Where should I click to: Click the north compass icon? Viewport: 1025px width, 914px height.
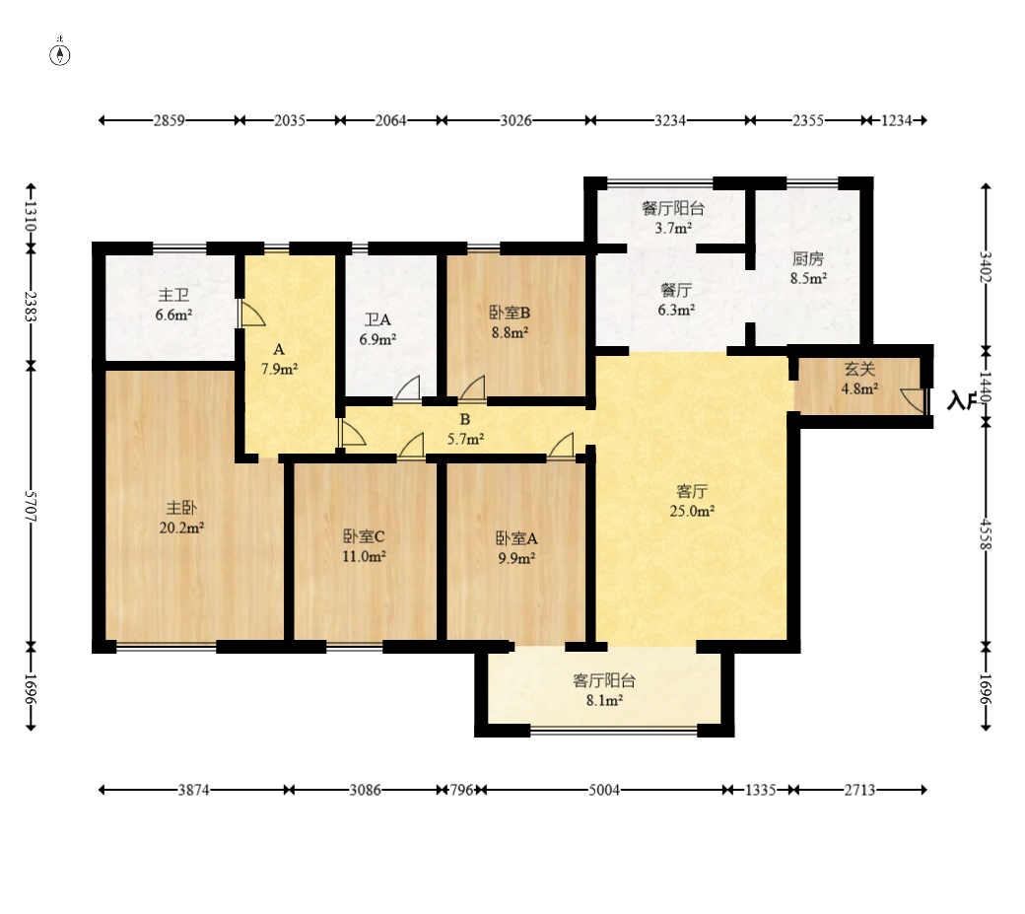point(60,55)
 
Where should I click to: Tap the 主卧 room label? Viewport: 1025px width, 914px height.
point(181,508)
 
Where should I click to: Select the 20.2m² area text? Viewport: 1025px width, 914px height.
point(181,527)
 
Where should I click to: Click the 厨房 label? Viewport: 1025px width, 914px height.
point(808,259)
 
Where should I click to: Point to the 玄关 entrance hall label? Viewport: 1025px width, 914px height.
point(859,370)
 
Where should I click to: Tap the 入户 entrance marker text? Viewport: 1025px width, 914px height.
point(962,400)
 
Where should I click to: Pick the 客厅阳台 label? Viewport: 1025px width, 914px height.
point(604,681)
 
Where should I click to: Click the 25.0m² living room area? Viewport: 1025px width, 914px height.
point(692,512)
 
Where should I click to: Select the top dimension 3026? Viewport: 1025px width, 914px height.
point(515,121)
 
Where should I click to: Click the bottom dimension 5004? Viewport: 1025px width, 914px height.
point(604,791)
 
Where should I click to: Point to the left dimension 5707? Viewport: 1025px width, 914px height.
point(31,506)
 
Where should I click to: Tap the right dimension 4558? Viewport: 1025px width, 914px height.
point(986,534)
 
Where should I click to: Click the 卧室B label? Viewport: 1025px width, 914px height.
point(510,314)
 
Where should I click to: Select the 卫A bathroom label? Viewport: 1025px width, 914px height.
point(377,319)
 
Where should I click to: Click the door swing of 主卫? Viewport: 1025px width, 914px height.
point(251,314)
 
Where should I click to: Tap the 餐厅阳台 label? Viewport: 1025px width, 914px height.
point(673,209)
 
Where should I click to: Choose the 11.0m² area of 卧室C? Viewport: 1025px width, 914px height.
point(364,556)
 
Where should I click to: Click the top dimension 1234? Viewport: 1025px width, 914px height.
point(896,121)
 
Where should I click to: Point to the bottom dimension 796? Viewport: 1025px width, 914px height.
point(461,791)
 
